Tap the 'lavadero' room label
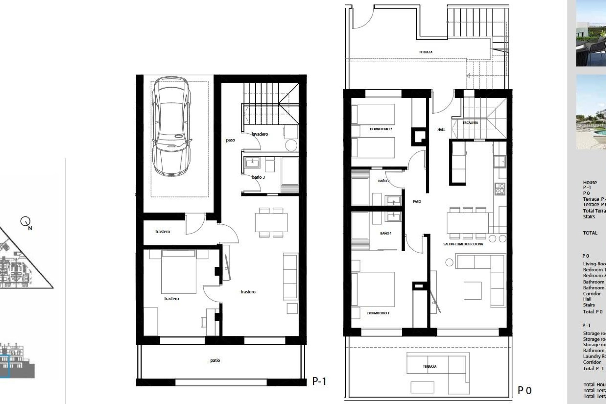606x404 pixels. (260, 134)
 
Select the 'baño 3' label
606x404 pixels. (258, 177)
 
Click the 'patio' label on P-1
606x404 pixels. (215, 360)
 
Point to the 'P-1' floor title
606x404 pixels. (319, 381)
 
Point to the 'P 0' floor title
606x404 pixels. (525, 390)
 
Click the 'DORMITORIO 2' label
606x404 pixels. (381, 129)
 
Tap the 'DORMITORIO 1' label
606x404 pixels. (378, 313)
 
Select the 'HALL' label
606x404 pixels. (441, 129)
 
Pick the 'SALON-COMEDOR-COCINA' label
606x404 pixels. (463, 244)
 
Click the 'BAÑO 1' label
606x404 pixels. (386, 233)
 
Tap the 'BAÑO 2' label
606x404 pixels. (384, 181)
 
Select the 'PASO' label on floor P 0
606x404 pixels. (417, 201)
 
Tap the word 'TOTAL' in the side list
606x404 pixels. (590, 233)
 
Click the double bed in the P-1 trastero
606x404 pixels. (179, 271)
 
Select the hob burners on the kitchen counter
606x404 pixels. (500, 189)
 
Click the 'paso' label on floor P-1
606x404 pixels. (230, 140)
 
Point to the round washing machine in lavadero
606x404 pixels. (291, 146)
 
